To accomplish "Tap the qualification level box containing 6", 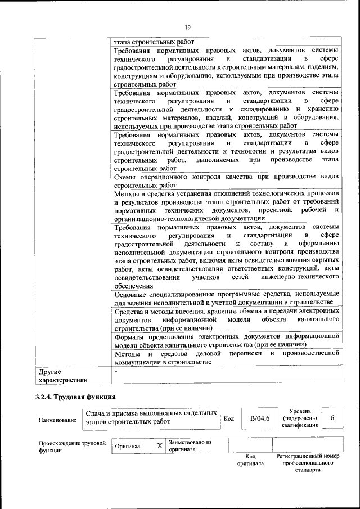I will tap(332, 418).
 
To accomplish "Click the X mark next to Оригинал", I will tap(159, 446).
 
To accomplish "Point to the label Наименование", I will tap(58, 420).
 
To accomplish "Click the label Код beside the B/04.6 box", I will tap(229, 418).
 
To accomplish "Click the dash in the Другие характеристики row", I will tap(116, 372).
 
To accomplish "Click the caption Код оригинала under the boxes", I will tap(250, 460).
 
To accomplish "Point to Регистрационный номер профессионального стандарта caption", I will tap(308, 463).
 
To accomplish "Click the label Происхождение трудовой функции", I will tap(73, 447).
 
